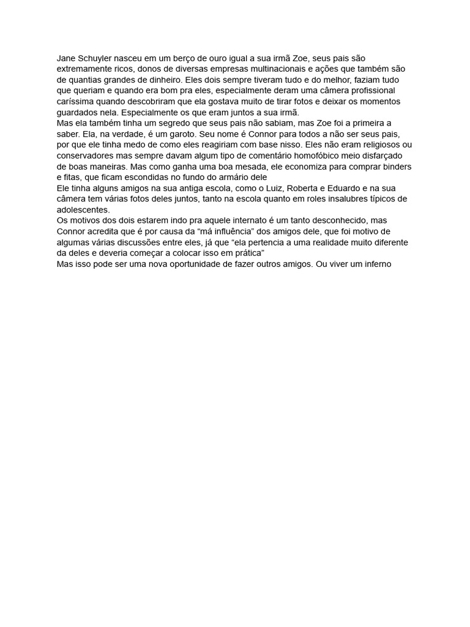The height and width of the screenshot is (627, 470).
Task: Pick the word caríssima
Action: point(76,102)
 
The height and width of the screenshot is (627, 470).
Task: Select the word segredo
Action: point(174,123)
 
